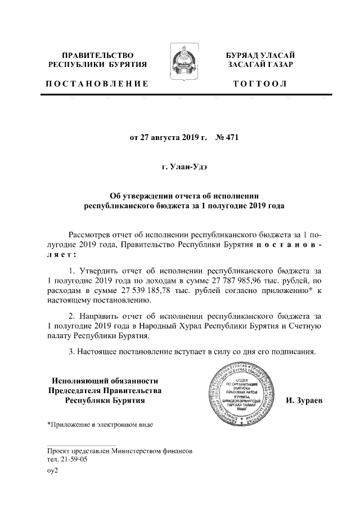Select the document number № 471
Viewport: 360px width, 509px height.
point(228,137)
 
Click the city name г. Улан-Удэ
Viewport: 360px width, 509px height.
point(180,167)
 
